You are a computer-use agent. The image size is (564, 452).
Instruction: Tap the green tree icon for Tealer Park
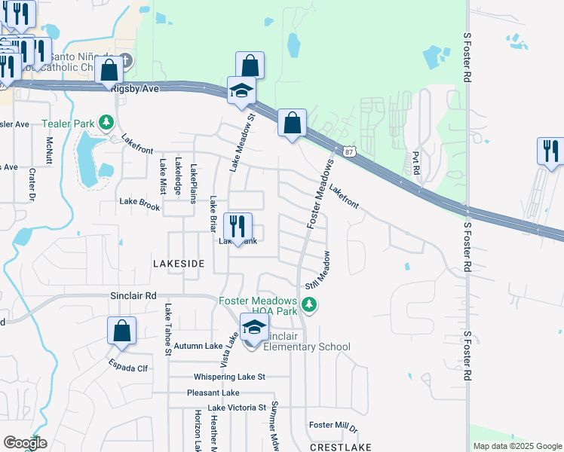coord(107,122)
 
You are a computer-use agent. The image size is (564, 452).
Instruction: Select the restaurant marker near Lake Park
coord(238,226)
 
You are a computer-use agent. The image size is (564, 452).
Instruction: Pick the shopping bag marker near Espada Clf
coord(122,331)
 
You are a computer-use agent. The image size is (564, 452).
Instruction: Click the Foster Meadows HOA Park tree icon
coord(308,304)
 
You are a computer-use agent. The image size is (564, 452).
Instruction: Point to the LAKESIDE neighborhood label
coord(179,264)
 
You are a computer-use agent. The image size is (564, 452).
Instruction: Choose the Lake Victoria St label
coord(227,408)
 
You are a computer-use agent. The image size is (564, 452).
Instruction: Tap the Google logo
coord(25,443)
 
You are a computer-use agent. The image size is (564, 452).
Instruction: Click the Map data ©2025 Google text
coord(516,446)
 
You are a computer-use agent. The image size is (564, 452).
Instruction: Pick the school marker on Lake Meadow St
coord(242,90)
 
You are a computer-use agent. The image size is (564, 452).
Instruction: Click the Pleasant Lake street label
coord(213,392)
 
